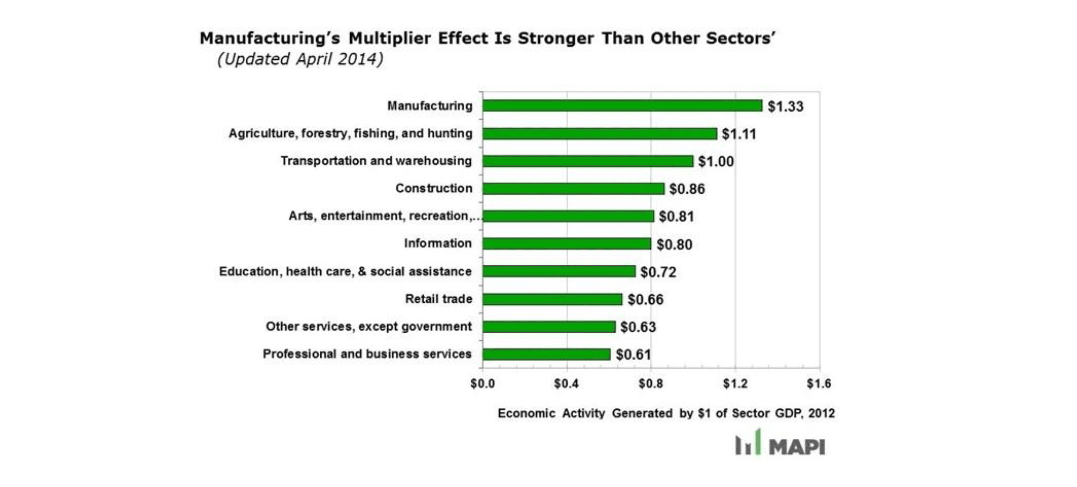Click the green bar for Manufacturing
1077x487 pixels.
[x=622, y=106]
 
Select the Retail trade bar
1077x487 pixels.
[x=552, y=299]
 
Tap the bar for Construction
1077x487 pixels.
[x=573, y=189]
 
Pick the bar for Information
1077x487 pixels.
[x=566, y=243]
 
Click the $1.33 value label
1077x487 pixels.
[x=785, y=106]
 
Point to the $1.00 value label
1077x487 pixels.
[x=716, y=162]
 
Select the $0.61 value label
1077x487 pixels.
[x=633, y=355]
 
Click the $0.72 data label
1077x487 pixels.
[x=658, y=272]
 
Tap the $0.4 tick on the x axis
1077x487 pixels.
[x=566, y=383]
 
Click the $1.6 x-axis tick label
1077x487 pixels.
[x=819, y=383]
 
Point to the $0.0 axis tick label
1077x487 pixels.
[x=482, y=383]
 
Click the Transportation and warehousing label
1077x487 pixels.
[x=376, y=161]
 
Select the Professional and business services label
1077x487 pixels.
[x=367, y=354]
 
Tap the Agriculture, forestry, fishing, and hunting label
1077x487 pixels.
[x=350, y=133]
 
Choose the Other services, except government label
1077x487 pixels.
[x=369, y=326]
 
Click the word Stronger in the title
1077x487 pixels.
[x=556, y=38]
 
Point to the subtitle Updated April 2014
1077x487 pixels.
[x=300, y=59]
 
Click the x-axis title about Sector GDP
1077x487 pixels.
[x=666, y=413]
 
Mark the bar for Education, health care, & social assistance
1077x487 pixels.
[x=559, y=271]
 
